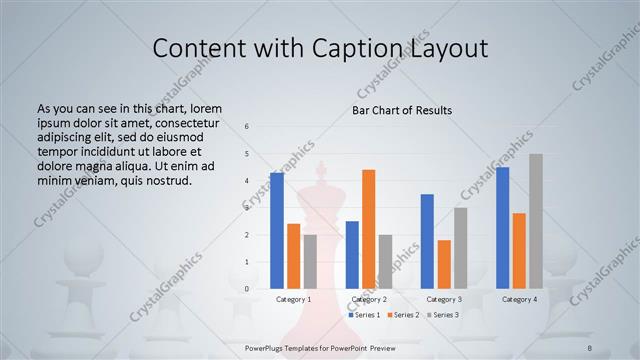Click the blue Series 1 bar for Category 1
[x=276, y=231]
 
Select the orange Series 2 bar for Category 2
[x=368, y=229]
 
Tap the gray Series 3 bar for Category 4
[x=536, y=221]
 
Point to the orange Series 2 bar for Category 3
[x=444, y=264]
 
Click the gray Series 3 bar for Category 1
[x=310, y=262]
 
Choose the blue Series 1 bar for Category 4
[x=502, y=228]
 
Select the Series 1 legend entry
[x=364, y=315]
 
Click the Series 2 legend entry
[x=403, y=315]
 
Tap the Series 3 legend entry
[x=443, y=315]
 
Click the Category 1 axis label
[x=293, y=299]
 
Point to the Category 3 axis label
[x=444, y=299]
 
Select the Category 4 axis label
[x=519, y=299]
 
